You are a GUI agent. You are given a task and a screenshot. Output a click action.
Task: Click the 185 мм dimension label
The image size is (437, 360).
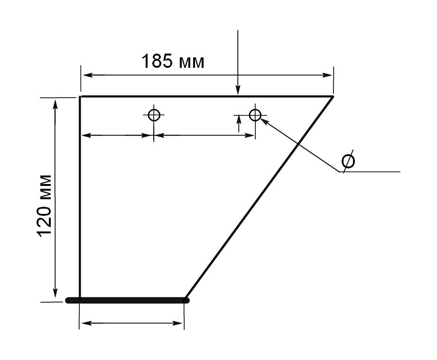pos(173,61)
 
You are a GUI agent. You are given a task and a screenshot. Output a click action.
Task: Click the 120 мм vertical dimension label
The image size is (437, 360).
pos(44,206)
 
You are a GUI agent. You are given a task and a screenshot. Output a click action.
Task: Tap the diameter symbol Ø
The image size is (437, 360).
pos(348,161)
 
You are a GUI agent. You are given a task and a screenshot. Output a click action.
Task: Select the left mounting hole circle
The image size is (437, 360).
pos(154,115)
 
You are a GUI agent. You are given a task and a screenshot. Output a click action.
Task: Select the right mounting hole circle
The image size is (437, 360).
pos(255,115)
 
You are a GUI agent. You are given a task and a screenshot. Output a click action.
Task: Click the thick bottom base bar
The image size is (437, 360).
pos(127,300)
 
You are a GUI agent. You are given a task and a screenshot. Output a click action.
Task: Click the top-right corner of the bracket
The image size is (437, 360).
pos(333,96)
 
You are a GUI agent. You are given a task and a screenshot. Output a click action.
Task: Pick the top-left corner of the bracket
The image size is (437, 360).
pos(80,96)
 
